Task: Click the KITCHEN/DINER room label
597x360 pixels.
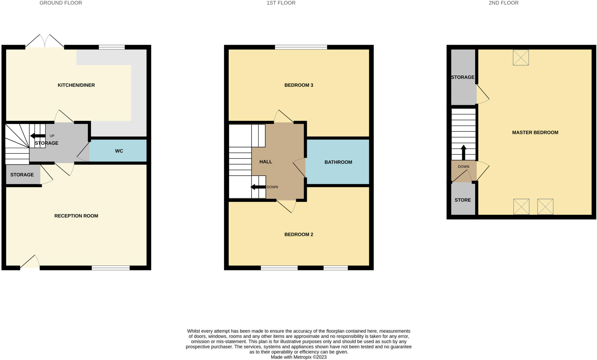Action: click(x=76, y=85)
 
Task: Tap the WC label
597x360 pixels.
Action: click(x=119, y=151)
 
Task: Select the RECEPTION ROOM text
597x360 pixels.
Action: click(x=76, y=216)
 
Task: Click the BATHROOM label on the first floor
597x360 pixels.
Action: click(x=338, y=162)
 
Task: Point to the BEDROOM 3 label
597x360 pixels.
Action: click(x=298, y=85)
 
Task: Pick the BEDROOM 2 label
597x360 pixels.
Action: click(x=298, y=234)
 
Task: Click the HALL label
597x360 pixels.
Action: click(x=266, y=162)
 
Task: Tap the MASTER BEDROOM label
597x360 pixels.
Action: click(x=535, y=133)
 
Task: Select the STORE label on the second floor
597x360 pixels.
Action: click(x=463, y=200)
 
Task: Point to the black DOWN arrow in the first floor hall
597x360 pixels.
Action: click(x=258, y=187)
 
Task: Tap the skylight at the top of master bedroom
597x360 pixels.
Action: click(x=521, y=57)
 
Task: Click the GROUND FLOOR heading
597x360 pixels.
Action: click(x=61, y=3)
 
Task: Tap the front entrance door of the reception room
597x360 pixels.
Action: click(x=30, y=262)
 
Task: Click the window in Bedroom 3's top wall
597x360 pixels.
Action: click(x=301, y=47)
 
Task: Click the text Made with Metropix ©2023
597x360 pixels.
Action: click(x=298, y=357)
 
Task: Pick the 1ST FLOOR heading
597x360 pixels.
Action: click(x=281, y=3)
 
